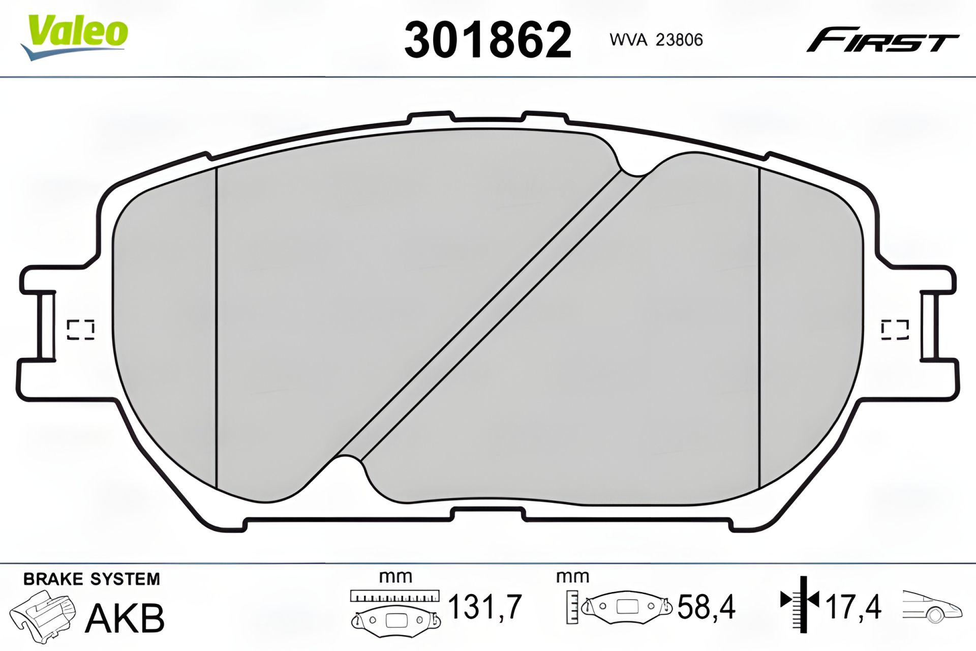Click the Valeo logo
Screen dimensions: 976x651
point(74,36)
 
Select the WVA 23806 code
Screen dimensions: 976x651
point(656,40)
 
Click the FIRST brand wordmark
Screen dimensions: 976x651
point(882,40)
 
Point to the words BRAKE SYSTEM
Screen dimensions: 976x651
point(91,579)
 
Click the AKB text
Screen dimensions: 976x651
point(125,618)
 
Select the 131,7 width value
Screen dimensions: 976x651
point(484,607)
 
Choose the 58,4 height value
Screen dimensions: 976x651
point(706,607)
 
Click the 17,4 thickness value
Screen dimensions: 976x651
point(853,607)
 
